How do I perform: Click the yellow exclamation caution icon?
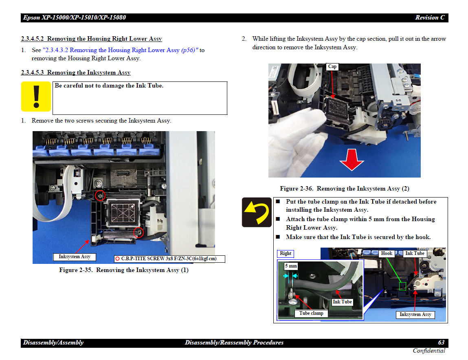36,97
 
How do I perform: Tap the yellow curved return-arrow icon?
257,212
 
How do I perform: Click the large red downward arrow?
352,160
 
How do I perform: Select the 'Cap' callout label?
332,66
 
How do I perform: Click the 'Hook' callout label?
387,253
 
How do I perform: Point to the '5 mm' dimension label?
291,266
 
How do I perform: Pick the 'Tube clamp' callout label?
311,313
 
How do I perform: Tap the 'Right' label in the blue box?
286,253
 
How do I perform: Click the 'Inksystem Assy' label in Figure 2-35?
74,257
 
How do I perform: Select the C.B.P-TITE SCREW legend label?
169,259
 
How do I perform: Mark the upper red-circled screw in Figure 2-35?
100,195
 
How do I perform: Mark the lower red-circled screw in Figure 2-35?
138,232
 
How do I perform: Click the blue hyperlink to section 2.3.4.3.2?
121,50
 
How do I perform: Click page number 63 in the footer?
441,342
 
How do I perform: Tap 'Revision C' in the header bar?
430,18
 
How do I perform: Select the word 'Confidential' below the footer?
429,351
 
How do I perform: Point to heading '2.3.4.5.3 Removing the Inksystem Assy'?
75,72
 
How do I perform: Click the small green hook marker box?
403,286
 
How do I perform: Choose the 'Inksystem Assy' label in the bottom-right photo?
415,315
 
